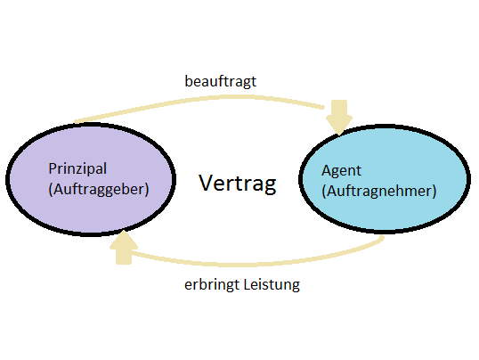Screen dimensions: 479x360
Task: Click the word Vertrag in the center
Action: pos(238,184)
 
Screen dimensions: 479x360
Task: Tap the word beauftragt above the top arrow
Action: pos(220,82)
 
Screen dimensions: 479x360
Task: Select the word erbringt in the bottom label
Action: pos(211,285)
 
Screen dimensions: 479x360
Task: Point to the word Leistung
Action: pos(272,285)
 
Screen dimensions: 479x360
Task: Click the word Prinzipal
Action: pos(77,168)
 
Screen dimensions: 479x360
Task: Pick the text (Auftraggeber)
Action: pos(99,189)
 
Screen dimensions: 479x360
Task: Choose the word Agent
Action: pos(341,171)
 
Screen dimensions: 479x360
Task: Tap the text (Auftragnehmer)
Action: pos(379,192)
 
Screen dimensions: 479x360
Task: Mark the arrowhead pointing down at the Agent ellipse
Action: pos(339,117)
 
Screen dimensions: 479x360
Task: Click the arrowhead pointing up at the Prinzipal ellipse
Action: pos(124,247)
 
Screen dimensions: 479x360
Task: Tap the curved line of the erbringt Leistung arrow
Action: pos(254,264)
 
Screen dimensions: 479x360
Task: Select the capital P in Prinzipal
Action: pos(53,168)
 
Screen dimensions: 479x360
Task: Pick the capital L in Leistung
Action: pos(247,284)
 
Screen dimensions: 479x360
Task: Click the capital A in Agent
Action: pos(327,170)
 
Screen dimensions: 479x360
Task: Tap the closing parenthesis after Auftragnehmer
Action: pos(434,192)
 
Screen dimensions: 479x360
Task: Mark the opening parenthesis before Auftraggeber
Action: pos(51,190)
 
